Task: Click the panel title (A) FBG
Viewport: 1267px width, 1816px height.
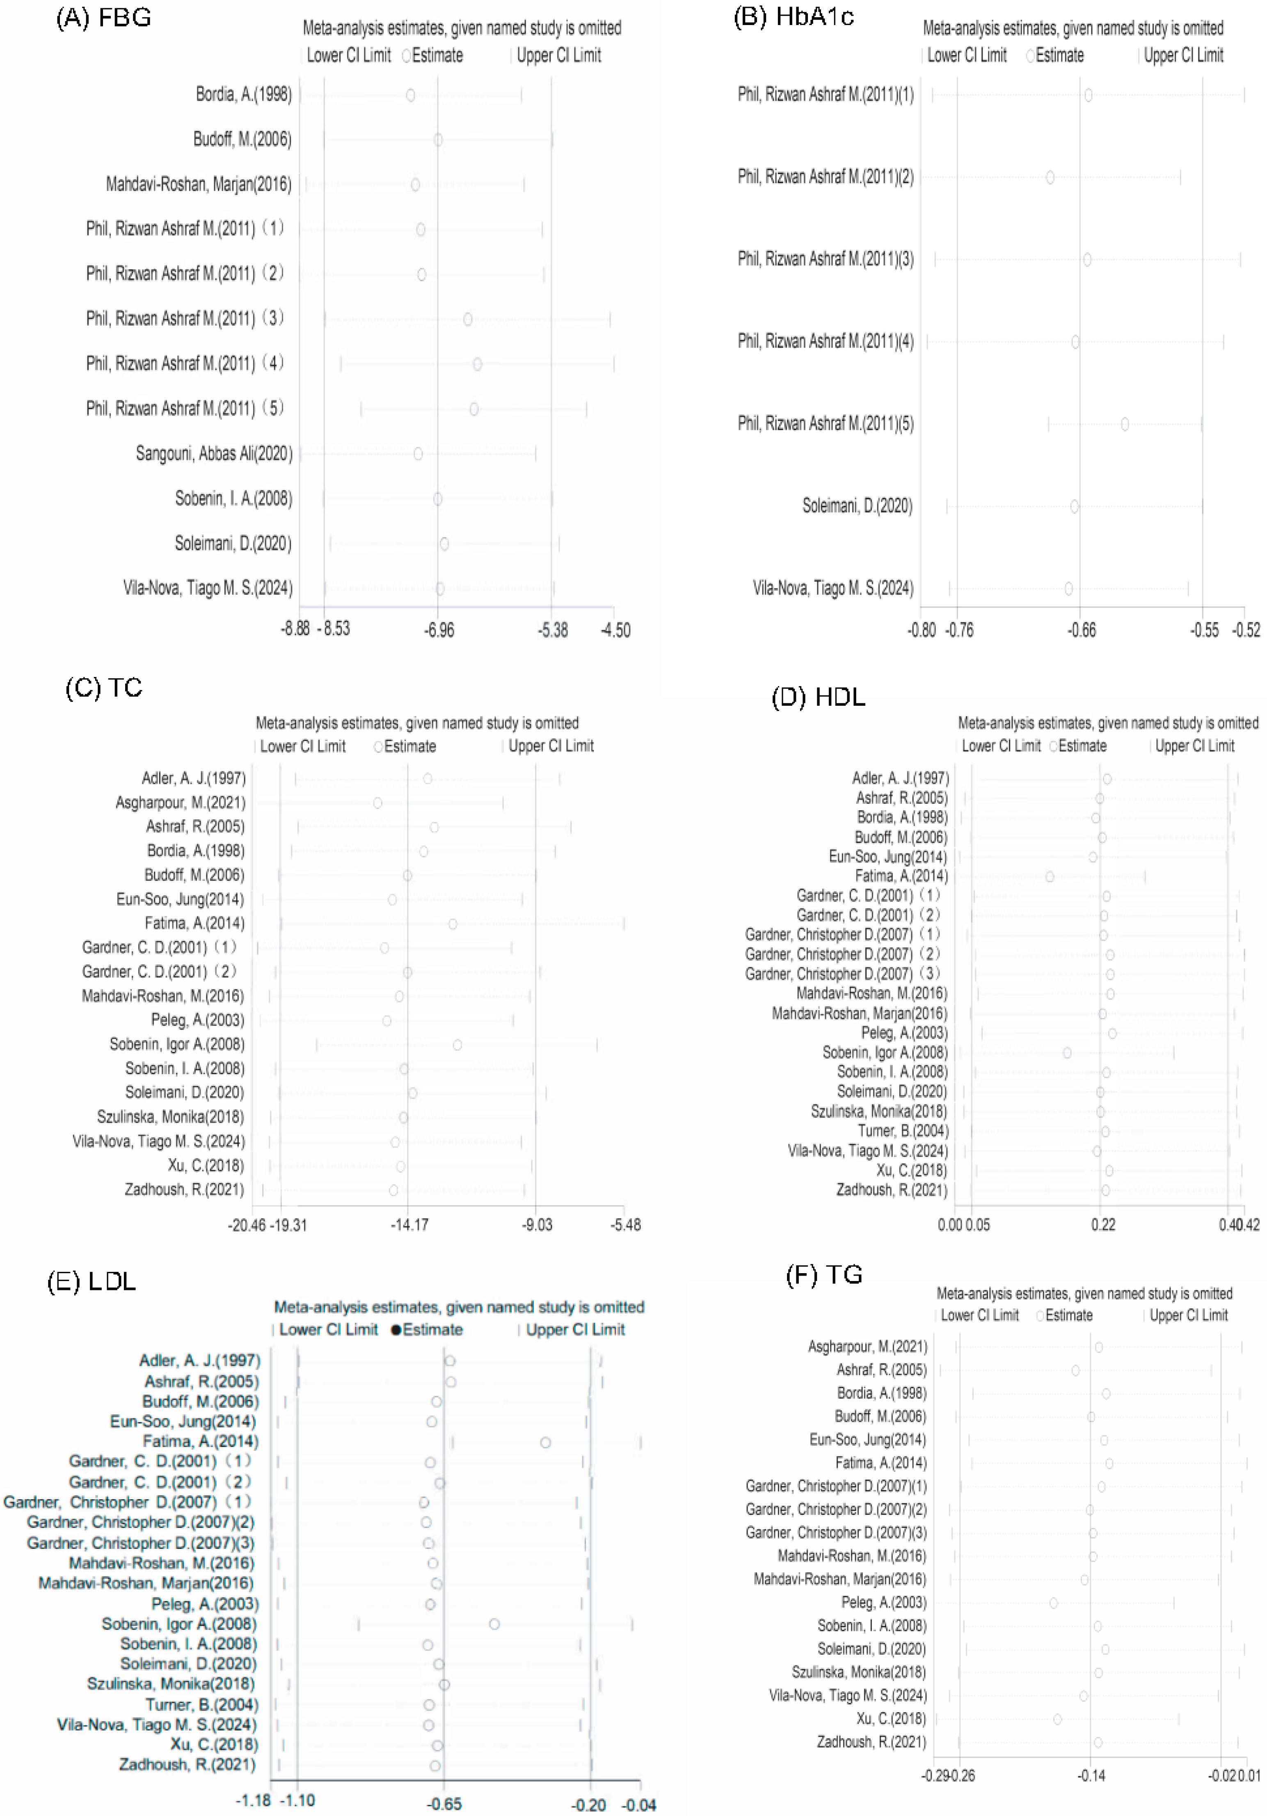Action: (x=103, y=17)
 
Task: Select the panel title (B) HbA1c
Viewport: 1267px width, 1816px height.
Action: (x=793, y=17)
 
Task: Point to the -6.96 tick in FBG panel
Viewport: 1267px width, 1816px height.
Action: (x=439, y=630)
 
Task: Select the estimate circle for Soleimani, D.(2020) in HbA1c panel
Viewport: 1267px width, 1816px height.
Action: (x=1074, y=506)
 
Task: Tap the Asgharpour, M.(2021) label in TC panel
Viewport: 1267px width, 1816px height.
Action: (x=180, y=803)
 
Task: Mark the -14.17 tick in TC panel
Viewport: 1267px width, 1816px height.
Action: (x=409, y=1225)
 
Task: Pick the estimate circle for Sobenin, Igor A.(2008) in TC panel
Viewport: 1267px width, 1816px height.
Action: (x=457, y=1045)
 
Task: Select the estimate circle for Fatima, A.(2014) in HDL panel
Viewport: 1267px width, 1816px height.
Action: (x=1050, y=876)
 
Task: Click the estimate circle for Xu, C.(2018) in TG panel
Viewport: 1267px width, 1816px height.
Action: (x=1057, y=1719)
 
